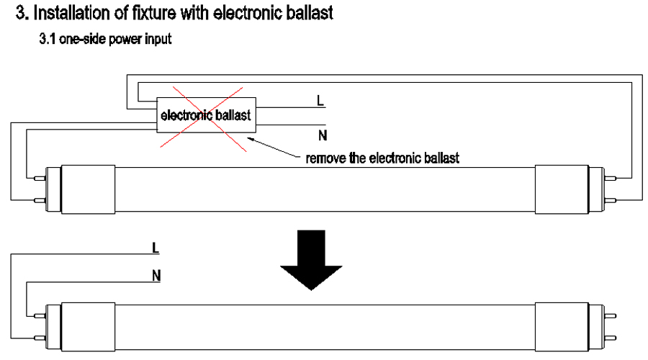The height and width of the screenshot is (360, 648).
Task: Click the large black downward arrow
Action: coord(311,261)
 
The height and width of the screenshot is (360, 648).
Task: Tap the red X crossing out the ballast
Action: coord(203,118)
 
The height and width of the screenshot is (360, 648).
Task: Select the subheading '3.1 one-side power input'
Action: coord(105,40)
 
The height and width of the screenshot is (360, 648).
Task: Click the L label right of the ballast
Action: coord(320,100)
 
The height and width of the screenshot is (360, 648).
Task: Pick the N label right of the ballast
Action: coord(323,135)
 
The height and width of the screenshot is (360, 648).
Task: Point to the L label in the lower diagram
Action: coord(156,248)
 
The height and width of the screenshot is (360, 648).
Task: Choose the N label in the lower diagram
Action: coord(156,276)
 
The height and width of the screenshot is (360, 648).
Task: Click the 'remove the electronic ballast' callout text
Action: coord(382,158)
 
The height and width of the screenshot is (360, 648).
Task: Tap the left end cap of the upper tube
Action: coord(88,189)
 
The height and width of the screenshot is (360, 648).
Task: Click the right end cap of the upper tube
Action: coord(562,189)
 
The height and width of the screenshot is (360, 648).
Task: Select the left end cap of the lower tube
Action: coord(88,327)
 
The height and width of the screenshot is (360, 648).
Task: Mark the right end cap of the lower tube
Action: coord(562,327)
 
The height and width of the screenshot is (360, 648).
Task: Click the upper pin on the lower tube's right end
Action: coord(611,316)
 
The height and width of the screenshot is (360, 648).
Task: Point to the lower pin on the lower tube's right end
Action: coord(611,338)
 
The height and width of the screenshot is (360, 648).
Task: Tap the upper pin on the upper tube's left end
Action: coord(40,179)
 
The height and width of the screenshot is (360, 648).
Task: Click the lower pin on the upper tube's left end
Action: coord(40,200)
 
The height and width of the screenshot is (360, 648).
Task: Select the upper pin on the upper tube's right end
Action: coord(611,179)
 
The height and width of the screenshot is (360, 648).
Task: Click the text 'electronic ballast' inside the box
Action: coord(205,115)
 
